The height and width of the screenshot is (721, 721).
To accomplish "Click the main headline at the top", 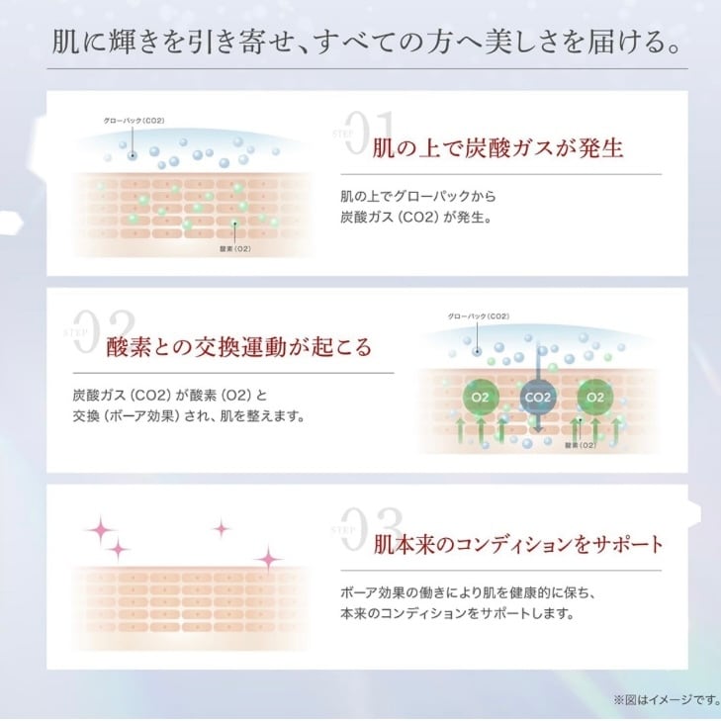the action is coord(366,42).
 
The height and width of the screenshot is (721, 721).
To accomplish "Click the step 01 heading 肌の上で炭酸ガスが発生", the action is coord(497,148).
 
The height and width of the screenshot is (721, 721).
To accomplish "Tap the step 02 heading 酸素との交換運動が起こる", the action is coord(238,346).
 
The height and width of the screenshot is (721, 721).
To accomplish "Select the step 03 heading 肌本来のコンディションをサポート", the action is coord(518,544).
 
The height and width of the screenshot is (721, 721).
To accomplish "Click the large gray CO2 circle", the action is coord(538,398).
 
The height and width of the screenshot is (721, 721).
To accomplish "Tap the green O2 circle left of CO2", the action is coord(480,398).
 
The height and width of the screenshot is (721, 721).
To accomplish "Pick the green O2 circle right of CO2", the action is coord(595,398).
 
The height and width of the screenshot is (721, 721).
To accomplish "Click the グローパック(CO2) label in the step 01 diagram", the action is coord(134,121).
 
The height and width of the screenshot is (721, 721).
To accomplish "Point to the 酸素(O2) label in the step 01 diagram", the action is coord(235,249).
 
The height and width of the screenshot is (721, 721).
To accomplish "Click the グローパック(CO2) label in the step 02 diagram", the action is coord(479,316).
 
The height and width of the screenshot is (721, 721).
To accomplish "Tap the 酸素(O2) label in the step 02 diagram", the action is coord(581,445).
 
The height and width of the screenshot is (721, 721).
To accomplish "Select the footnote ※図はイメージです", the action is coord(667,700).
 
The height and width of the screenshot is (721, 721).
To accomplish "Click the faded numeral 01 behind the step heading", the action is coord(371,133).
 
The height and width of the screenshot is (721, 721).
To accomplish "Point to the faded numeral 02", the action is coord(105,331).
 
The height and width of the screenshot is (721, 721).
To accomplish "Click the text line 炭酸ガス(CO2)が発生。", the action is coord(416,217).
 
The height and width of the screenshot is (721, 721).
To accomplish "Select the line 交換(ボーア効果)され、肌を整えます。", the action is coord(189,416).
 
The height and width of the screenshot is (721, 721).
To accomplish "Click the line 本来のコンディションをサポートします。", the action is coord(458,613).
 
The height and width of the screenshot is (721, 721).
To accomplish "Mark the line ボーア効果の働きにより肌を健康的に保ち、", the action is coord(468,592).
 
